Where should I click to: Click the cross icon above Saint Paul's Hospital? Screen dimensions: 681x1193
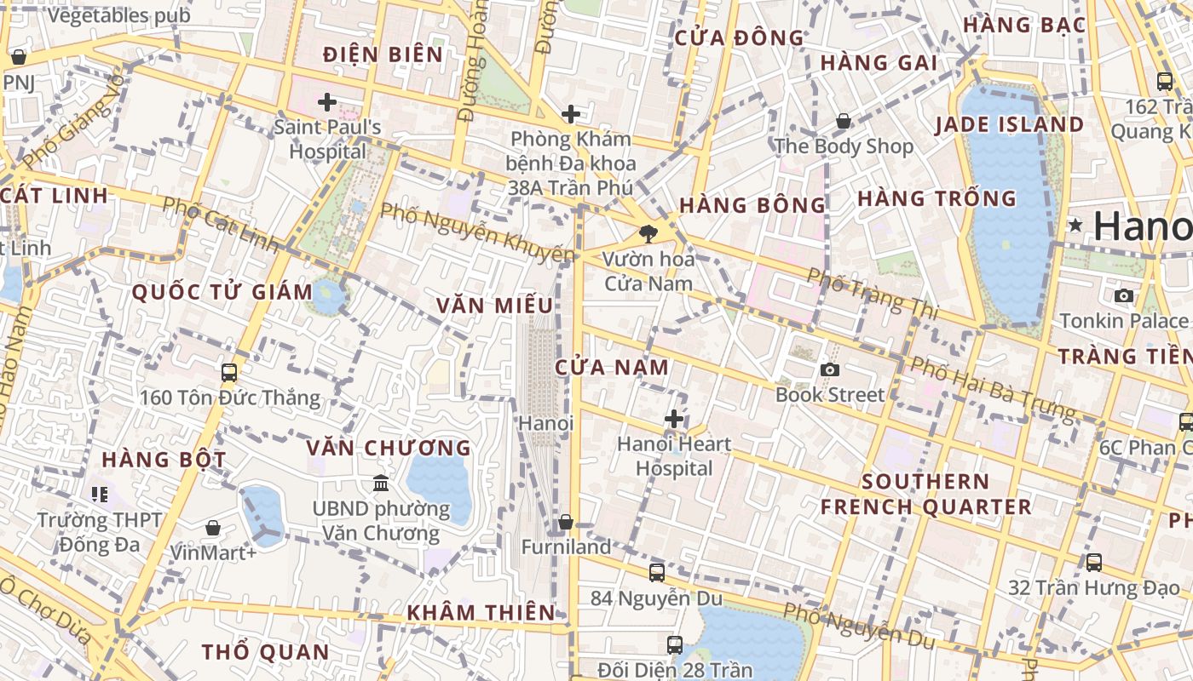tap(327, 103)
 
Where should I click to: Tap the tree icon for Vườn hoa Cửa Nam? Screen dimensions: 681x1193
tap(648, 233)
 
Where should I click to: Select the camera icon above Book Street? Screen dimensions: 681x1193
tap(830, 369)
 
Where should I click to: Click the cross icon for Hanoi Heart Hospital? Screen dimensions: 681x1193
tap(674, 419)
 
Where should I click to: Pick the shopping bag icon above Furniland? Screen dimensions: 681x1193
tap(566, 522)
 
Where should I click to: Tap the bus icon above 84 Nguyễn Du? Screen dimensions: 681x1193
tap(656, 573)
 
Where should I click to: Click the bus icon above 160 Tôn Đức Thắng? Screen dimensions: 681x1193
tap(228, 372)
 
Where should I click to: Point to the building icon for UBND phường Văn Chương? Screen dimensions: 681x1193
tap(381, 484)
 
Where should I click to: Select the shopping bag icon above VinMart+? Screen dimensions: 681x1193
tap(213, 528)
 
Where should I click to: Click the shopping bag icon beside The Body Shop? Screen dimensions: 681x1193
tap(844, 121)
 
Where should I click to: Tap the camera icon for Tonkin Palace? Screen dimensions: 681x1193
tap(1124, 295)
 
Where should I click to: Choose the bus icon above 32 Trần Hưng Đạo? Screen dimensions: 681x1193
tap(1094, 562)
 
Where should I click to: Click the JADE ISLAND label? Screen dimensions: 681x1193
tap(1009, 125)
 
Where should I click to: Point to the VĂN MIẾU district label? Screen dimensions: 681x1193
tap(494, 306)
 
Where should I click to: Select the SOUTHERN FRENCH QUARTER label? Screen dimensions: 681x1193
tap(925, 495)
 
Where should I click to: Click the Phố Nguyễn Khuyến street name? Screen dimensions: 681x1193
tap(477, 232)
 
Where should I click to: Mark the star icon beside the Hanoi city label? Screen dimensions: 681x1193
tap(1075, 226)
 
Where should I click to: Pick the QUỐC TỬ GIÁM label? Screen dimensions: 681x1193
tap(222, 292)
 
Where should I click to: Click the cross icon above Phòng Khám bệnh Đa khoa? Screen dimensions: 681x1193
tap(571, 114)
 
